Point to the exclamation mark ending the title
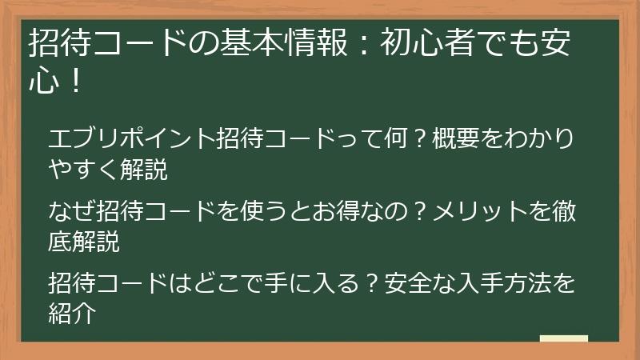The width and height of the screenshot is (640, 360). (x=76, y=82)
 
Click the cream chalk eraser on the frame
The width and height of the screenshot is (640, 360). (x=563, y=338)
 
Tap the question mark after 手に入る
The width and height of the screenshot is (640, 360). (x=370, y=283)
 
